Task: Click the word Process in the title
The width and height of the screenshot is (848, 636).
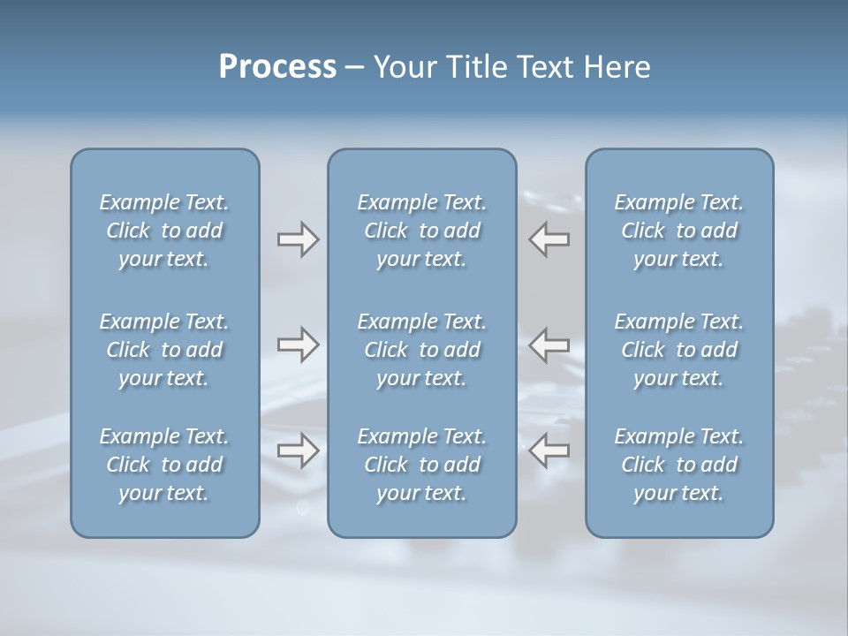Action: point(277,67)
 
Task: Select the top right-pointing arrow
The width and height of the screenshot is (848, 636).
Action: point(298,239)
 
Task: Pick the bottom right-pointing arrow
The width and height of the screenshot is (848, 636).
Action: point(298,450)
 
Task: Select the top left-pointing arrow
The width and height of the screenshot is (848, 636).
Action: point(549,239)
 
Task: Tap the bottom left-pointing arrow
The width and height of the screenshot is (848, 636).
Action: point(549,450)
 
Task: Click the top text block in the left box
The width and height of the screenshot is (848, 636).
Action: point(164,231)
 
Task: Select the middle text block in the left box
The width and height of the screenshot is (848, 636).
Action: point(164,350)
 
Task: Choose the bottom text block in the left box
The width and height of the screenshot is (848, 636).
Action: point(164,465)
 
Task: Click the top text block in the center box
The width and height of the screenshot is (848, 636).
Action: point(421,231)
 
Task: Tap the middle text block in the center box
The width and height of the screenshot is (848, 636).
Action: point(421,350)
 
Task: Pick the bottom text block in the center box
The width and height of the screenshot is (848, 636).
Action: point(421,465)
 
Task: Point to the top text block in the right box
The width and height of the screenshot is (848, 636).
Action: point(678,231)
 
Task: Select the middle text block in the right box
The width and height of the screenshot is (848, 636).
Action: point(678,350)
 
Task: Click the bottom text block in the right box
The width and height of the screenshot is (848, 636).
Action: point(678,465)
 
